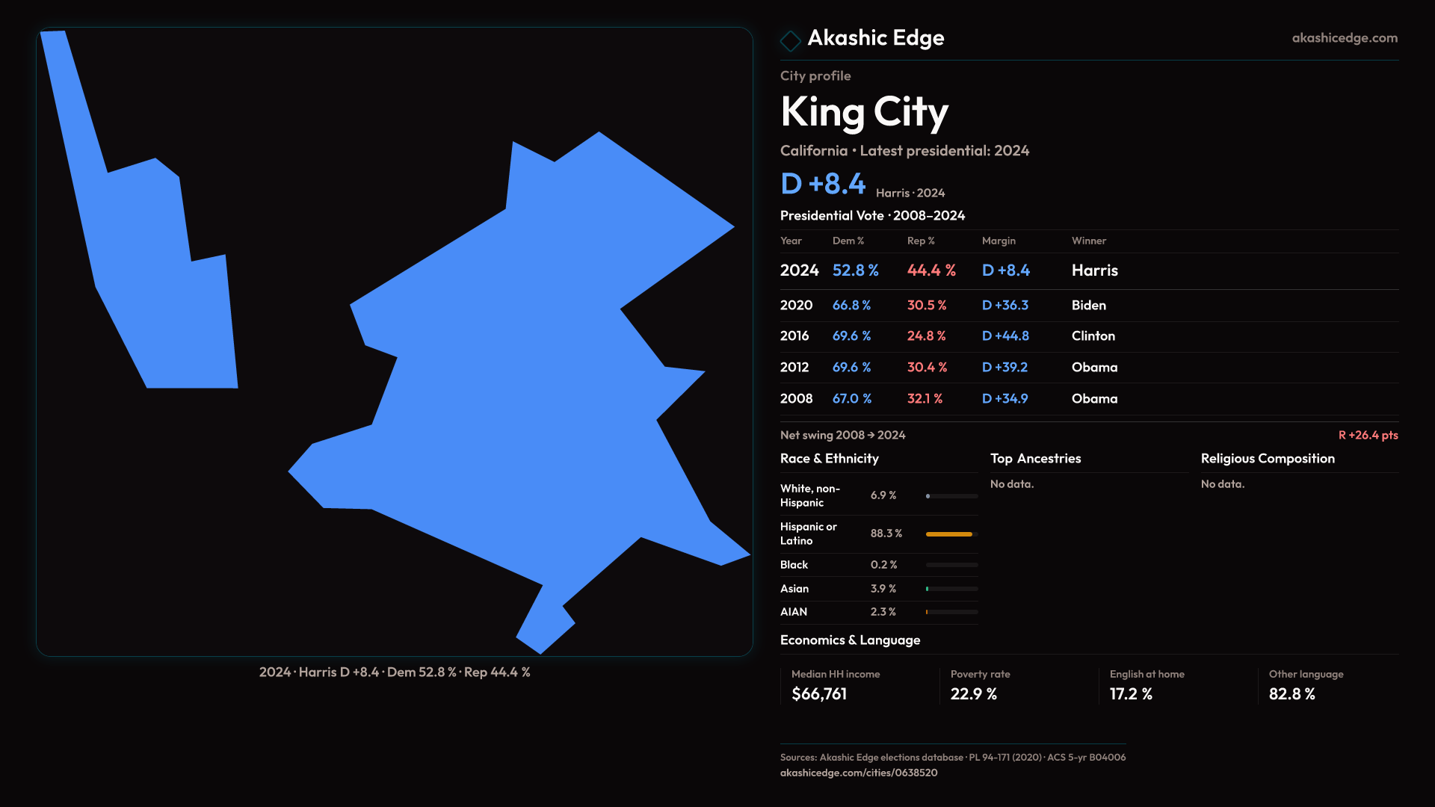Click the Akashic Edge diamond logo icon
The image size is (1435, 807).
click(790, 40)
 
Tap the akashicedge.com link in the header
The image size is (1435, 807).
click(1344, 38)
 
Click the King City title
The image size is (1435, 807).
click(864, 112)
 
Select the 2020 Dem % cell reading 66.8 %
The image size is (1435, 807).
click(851, 306)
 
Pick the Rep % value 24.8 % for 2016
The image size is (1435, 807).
click(926, 336)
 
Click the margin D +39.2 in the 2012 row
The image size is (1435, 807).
click(1004, 368)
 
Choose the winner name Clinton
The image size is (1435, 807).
click(1093, 336)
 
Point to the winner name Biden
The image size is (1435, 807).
click(1088, 306)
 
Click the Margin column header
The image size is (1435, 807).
click(999, 241)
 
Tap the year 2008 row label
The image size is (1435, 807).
click(796, 399)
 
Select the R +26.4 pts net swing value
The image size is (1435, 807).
click(1368, 435)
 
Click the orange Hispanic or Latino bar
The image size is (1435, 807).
click(948, 534)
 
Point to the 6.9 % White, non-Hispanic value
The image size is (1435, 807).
click(883, 495)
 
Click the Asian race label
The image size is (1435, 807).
click(794, 589)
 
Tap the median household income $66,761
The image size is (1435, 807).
click(818, 694)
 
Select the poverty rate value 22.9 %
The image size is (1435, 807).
click(973, 694)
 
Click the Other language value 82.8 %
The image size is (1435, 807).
click(1291, 694)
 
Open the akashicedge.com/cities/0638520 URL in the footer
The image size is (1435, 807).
click(858, 773)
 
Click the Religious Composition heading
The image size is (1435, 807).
click(1267, 459)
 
